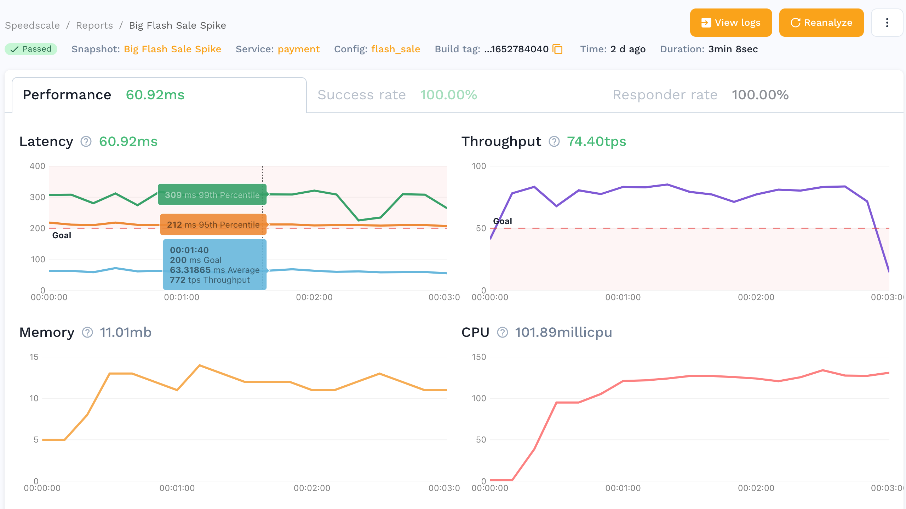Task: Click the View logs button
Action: (x=730, y=23)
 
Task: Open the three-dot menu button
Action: (x=887, y=23)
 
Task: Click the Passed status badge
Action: (x=31, y=49)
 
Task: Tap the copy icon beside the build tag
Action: (x=558, y=49)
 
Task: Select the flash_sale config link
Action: (x=396, y=49)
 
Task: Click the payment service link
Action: (x=298, y=49)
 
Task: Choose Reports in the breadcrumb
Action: (x=94, y=25)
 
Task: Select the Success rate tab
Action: (x=397, y=95)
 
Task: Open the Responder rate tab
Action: (x=700, y=95)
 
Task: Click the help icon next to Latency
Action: (x=86, y=141)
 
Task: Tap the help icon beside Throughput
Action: (x=554, y=141)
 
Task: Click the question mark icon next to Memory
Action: (x=87, y=332)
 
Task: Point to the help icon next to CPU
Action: (x=503, y=332)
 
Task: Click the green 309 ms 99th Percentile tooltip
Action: (x=212, y=194)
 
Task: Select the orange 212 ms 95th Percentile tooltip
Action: (x=213, y=224)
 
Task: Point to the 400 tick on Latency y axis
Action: (x=38, y=166)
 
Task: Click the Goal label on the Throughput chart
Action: (x=503, y=221)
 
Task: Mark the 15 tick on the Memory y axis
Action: (x=34, y=357)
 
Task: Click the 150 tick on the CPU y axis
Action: (x=479, y=357)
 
